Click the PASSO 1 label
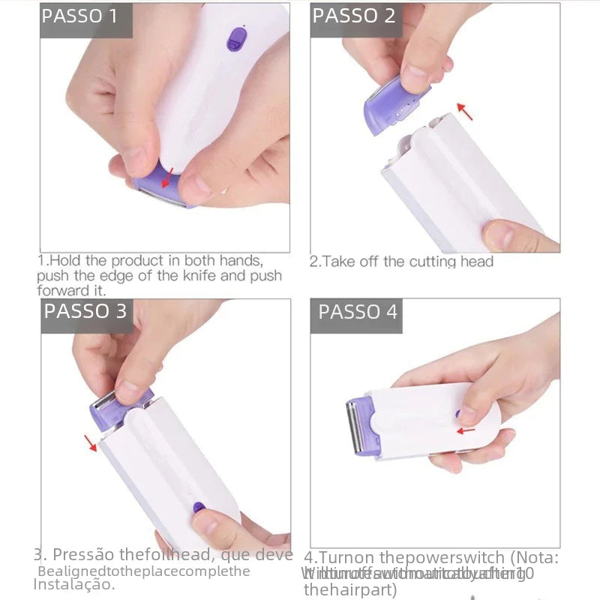tap(79, 16)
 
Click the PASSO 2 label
tap(353, 16)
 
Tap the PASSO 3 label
tap(85, 311)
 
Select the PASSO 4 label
tap(358, 312)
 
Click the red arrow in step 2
tap(466, 112)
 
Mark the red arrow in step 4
tap(466, 430)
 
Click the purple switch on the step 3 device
tap(199, 508)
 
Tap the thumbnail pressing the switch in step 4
tap(466, 414)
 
